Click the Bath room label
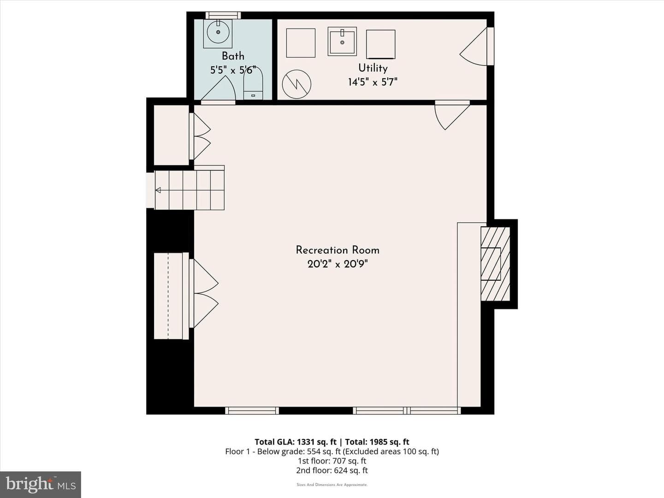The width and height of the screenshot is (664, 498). [x=233, y=56]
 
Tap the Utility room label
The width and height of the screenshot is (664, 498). [x=373, y=68]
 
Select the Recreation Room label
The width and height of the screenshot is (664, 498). [x=338, y=250]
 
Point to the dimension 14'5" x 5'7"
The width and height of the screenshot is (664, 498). [x=373, y=82]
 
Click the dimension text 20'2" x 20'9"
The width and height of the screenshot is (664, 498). [x=338, y=264]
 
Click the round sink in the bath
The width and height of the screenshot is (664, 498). [x=218, y=33]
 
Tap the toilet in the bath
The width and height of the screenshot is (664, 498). [x=253, y=83]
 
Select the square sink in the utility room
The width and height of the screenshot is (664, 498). [x=342, y=41]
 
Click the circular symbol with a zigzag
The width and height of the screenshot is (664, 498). [x=296, y=84]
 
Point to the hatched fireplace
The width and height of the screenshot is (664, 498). [x=496, y=264]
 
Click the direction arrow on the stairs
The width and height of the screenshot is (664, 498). [x=158, y=190]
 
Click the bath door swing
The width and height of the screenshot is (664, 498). [x=219, y=88]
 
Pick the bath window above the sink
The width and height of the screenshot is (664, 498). [x=223, y=15]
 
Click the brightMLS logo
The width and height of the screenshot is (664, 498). [x=41, y=485]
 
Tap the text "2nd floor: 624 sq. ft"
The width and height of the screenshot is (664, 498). [x=332, y=470]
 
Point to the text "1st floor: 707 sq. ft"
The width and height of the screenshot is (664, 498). [x=332, y=461]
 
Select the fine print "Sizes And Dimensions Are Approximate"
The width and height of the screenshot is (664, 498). [x=332, y=485]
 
